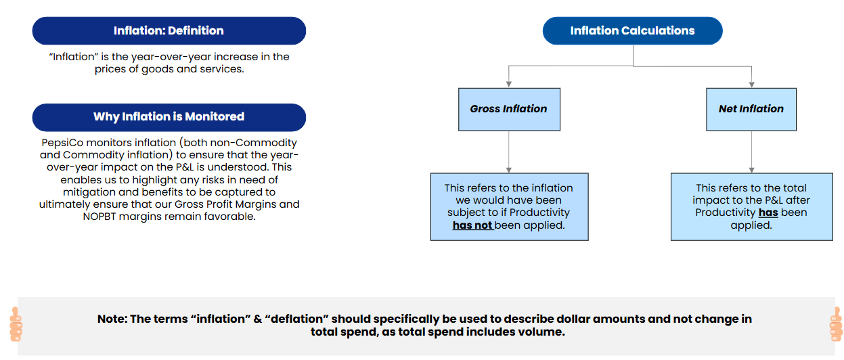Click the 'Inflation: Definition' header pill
(x=169, y=31)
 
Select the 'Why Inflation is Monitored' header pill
(x=169, y=118)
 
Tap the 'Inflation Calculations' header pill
(x=633, y=31)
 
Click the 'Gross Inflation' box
(x=509, y=110)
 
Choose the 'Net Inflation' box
(x=751, y=110)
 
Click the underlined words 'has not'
(x=472, y=225)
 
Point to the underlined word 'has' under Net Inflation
(x=768, y=212)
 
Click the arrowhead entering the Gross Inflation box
(x=509, y=85)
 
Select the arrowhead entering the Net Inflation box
(x=752, y=85)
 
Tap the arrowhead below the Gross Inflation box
(x=509, y=170)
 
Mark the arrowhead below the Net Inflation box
(x=752, y=170)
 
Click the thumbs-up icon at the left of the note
(x=16, y=324)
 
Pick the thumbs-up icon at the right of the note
(x=837, y=324)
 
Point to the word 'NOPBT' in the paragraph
(x=99, y=217)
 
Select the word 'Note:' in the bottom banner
(x=112, y=319)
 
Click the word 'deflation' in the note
(x=297, y=319)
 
